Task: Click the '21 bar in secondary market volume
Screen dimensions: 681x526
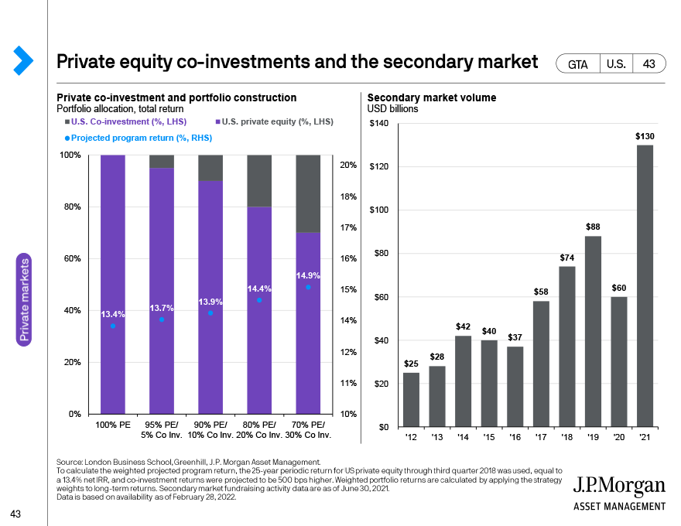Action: click(x=645, y=286)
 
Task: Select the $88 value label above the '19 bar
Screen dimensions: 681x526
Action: click(x=593, y=227)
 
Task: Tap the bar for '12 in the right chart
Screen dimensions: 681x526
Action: click(x=411, y=400)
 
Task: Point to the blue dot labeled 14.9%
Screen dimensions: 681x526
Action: click(x=308, y=287)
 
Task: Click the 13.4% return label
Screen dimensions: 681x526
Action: click(x=113, y=314)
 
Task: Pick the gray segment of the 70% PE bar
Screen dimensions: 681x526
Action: click(x=308, y=193)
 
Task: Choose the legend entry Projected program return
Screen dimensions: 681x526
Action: click(x=139, y=138)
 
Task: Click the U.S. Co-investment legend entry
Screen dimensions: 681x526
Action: click(x=126, y=122)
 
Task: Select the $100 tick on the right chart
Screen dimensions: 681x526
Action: click(x=379, y=210)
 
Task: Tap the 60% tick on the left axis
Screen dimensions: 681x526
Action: click(x=73, y=258)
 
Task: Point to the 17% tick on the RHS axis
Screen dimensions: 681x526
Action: click(x=348, y=227)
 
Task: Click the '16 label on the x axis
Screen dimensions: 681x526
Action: click(x=515, y=437)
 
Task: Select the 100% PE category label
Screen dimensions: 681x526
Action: click(x=113, y=425)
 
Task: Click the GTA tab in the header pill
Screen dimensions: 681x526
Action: click(x=577, y=64)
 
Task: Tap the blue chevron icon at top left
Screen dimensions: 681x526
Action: click(x=23, y=60)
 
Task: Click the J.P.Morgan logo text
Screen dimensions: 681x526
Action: click(x=619, y=486)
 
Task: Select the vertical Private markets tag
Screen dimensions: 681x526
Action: click(x=24, y=300)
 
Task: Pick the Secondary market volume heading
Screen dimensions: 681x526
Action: click(x=432, y=97)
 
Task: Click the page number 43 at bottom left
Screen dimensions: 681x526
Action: click(x=15, y=514)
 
